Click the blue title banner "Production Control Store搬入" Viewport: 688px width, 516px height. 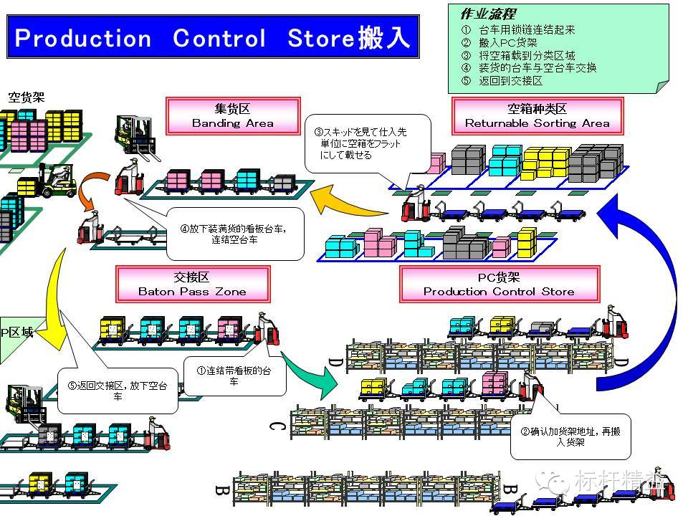[212, 37]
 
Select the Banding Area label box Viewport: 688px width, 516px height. [232, 116]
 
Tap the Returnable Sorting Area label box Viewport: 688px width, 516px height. [537, 116]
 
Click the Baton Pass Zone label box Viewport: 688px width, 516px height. [192, 285]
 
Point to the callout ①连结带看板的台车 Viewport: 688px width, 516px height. [234, 376]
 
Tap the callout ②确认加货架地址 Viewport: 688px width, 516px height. [570, 436]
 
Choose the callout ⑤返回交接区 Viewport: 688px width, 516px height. [118, 391]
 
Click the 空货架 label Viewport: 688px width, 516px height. [27, 97]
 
